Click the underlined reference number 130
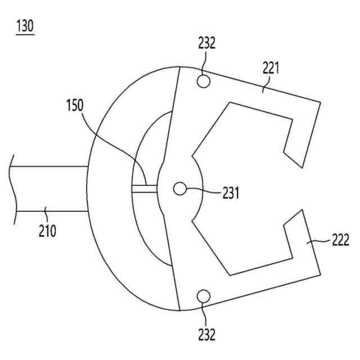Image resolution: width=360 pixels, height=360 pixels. pos(26,26)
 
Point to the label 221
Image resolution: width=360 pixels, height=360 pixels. pos(271,69)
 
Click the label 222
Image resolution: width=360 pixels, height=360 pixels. pos(339,240)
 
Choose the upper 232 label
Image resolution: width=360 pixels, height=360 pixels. pos(206,43)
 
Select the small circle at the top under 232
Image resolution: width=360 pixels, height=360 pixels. pos(204,81)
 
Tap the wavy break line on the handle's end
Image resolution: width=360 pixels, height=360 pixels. pos(12,188)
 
